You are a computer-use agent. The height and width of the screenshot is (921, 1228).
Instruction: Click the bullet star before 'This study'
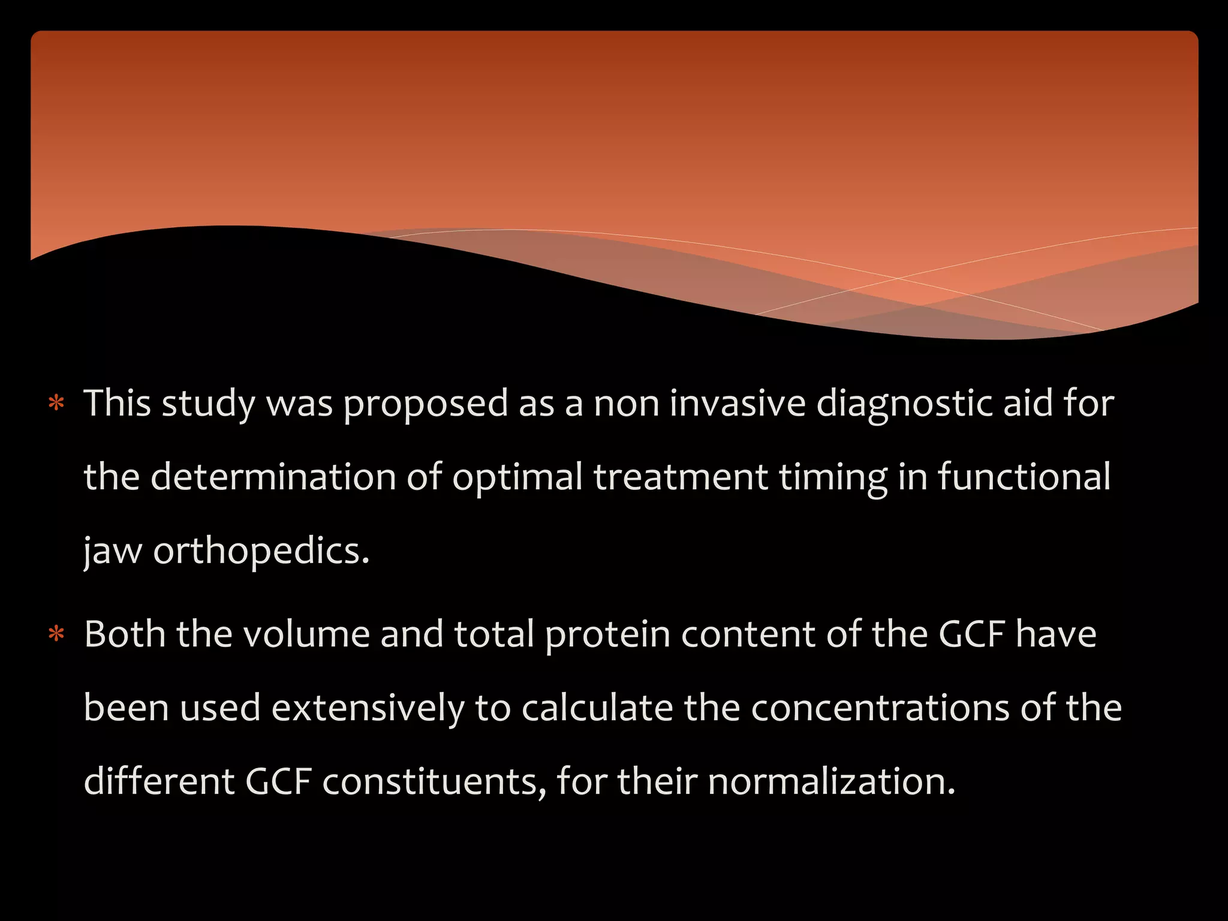tap(56, 403)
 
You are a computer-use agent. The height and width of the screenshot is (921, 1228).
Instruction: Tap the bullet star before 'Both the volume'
tap(56, 634)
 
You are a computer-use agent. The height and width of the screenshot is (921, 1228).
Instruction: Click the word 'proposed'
tap(425, 404)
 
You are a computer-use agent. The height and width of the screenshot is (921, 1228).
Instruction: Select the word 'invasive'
tap(738, 403)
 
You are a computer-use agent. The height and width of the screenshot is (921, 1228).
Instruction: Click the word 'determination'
tap(273, 477)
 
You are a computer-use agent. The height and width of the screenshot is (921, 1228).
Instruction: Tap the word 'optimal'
tap(517, 478)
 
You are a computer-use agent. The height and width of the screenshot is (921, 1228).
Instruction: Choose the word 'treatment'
tap(681, 478)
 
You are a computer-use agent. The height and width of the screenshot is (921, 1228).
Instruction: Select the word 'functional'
tap(1024, 477)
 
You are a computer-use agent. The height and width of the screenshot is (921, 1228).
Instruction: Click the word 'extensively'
tap(368, 708)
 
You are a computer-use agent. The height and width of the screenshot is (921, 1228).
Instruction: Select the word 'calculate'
tap(597, 708)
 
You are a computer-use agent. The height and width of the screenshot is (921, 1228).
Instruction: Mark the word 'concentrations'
tap(880, 708)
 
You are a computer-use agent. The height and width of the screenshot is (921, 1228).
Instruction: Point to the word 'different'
tap(159, 782)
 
